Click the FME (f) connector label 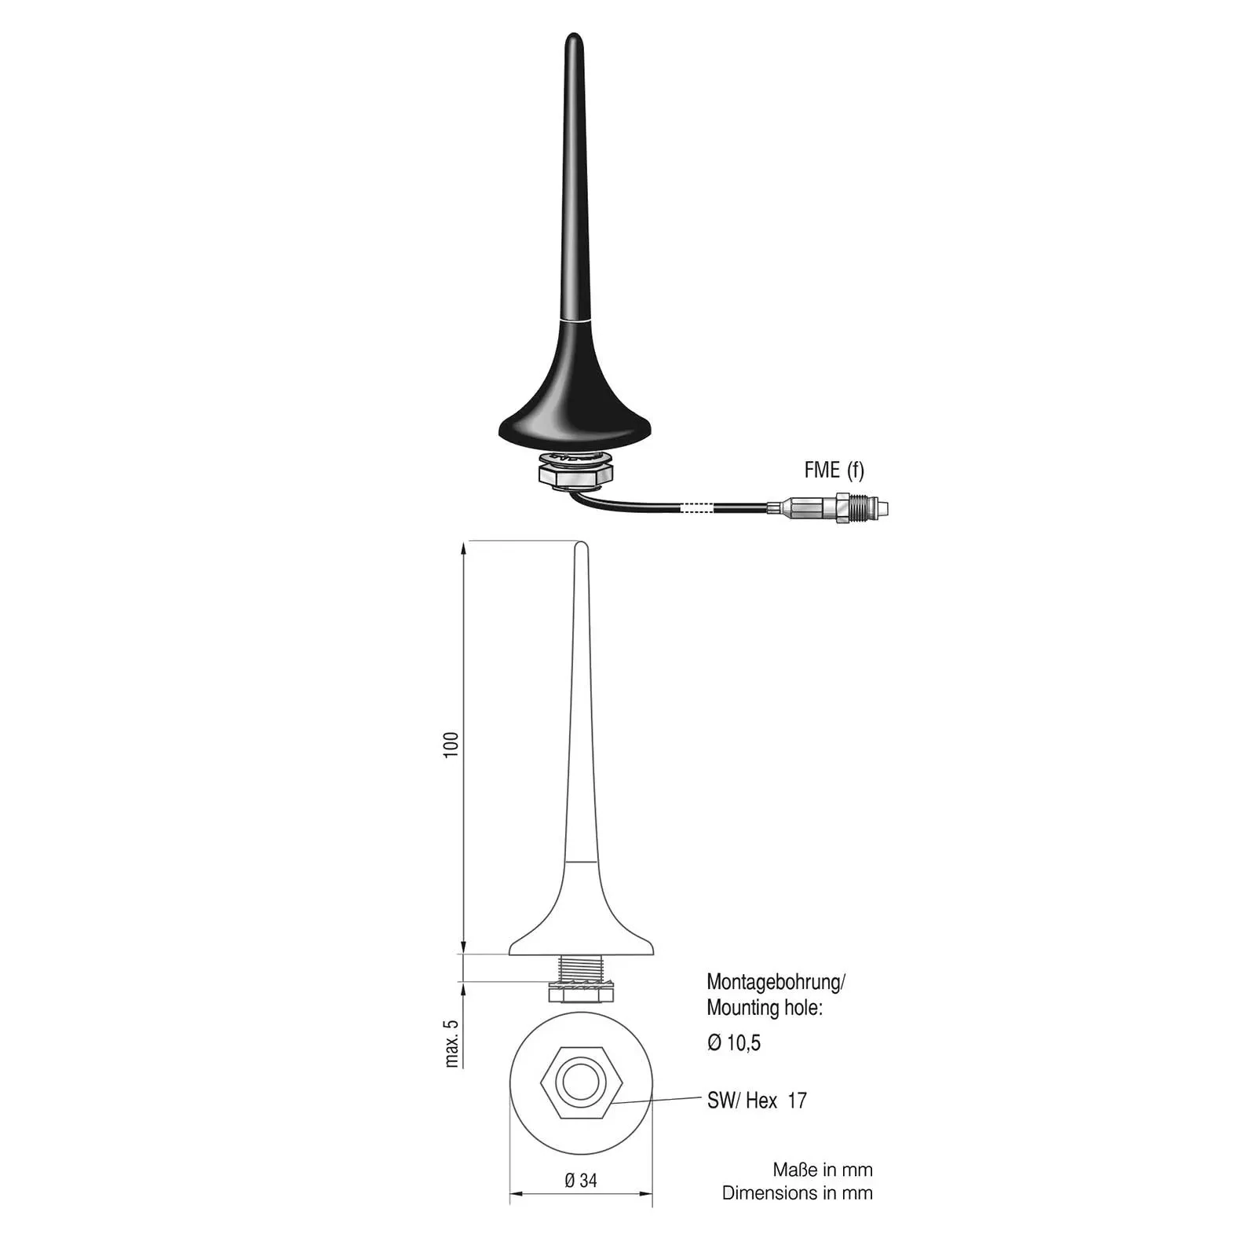(834, 470)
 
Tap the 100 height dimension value (451, 745)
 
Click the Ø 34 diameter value (581, 1180)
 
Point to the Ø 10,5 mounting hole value (734, 1042)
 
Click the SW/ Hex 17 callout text (757, 1101)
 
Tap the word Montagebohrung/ (776, 982)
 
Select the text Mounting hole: (765, 1008)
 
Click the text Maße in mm (823, 1170)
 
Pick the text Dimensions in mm (798, 1193)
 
